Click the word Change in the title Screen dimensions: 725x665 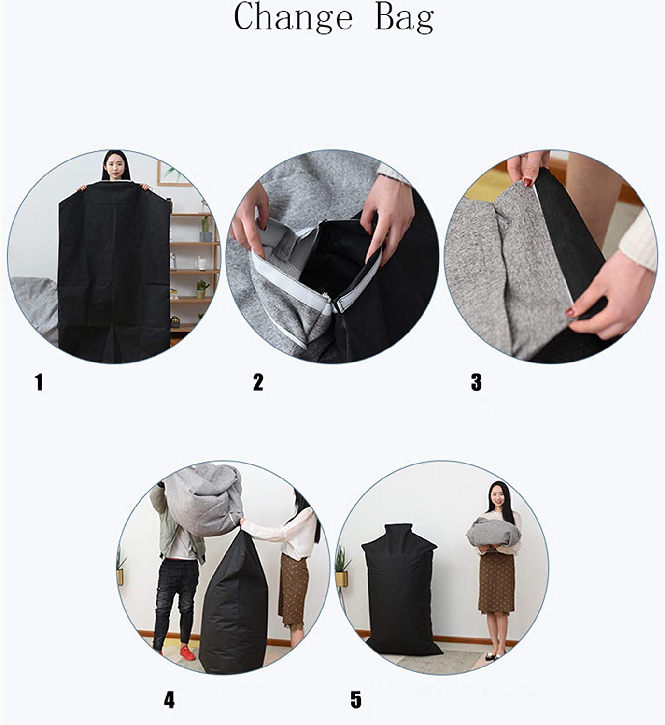click(293, 19)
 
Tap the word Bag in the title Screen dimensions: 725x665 click(404, 19)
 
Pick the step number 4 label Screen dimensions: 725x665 click(169, 699)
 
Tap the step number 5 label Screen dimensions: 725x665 click(356, 699)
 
